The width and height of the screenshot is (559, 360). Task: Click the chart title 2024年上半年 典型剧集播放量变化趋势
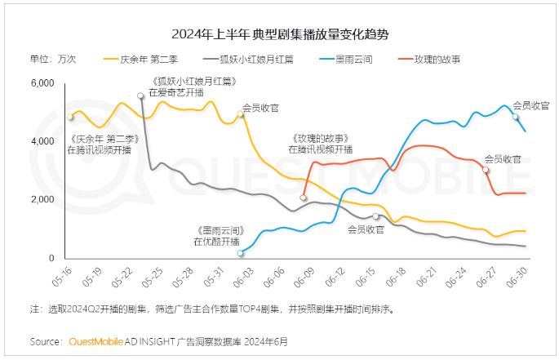click(x=280, y=34)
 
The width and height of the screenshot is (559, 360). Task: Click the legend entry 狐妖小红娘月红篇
click(x=261, y=60)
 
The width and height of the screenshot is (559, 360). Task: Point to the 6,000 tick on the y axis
click(x=42, y=84)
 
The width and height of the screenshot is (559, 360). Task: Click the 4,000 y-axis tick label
click(x=42, y=142)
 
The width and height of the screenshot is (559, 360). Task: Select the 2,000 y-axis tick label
click(x=42, y=200)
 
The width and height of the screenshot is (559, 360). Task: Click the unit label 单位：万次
click(x=53, y=60)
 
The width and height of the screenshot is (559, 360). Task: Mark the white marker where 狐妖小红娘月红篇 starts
click(x=141, y=96)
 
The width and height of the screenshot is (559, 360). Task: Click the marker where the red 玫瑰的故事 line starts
click(x=303, y=198)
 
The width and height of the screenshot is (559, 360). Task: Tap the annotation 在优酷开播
click(x=216, y=242)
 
